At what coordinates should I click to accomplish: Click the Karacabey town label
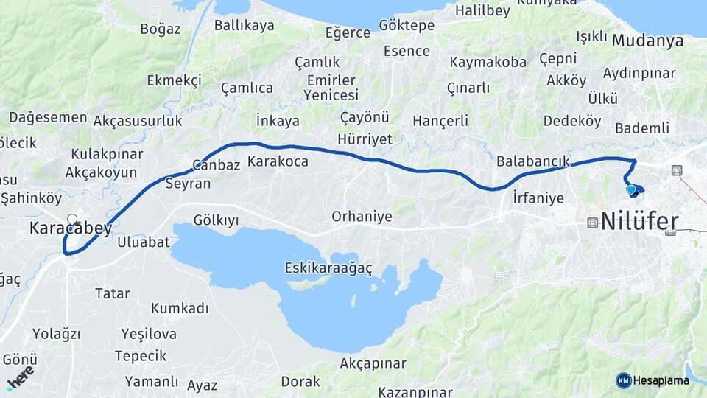pyautogui.click(x=71, y=228)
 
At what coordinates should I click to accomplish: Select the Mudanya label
pyautogui.click(x=647, y=41)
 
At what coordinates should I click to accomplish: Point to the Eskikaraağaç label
pyautogui.click(x=328, y=268)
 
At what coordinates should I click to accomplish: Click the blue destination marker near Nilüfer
pyautogui.click(x=631, y=190)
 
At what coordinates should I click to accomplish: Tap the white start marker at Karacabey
pyautogui.click(x=72, y=219)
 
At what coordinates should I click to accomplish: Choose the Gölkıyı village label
pyautogui.click(x=216, y=220)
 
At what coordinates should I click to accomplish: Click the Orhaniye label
pyautogui.click(x=362, y=217)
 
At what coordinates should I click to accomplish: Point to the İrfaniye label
pyautogui.click(x=538, y=198)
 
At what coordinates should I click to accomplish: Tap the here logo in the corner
pyautogui.click(x=20, y=377)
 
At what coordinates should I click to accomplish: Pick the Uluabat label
pyautogui.click(x=144, y=242)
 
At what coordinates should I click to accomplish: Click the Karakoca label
pyautogui.click(x=278, y=161)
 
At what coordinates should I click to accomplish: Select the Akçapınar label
pyautogui.click(x=373, y=363)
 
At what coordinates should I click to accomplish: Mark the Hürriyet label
pyautogui.click(x=365, y=139)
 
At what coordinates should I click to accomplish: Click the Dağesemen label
pyautogui.click(x=48, y=118)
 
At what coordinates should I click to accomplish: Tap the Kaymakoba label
pyautogui.click(x=488, y=62)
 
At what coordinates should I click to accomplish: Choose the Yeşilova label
pyautogui.click(x=149, y=334)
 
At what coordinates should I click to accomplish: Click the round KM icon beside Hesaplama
pyautogui.click(x=623, y=380)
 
